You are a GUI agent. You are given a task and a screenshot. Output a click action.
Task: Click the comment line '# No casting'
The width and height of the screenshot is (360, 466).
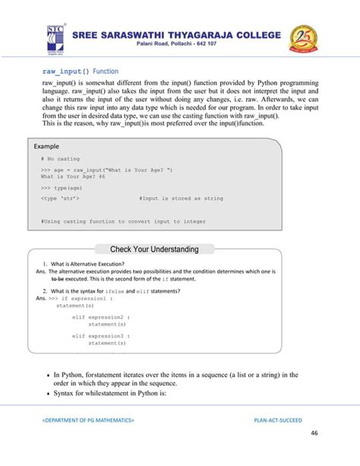tap(60, 159)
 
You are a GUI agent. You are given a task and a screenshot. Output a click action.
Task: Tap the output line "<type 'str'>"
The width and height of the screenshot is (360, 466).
tap(63, 198)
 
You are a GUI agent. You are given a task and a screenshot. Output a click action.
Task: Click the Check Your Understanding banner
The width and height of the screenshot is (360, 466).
tap(154, 249)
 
